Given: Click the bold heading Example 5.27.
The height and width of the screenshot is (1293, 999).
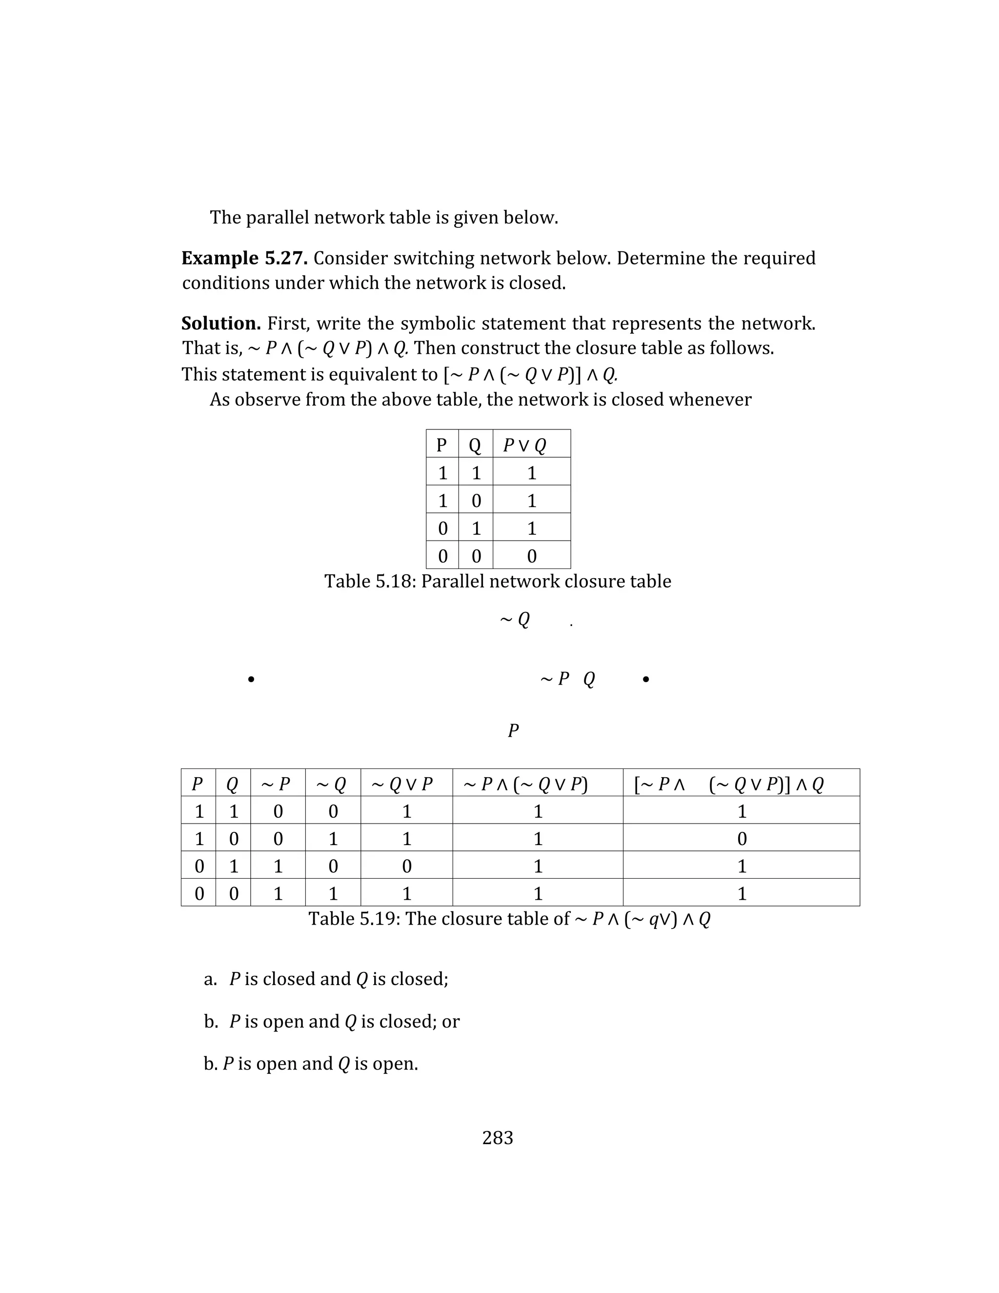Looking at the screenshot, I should click(244, 258).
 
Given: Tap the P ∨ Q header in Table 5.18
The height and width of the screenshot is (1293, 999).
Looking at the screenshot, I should click(524, 445).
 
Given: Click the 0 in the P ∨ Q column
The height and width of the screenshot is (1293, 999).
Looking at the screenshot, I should click(532, 556).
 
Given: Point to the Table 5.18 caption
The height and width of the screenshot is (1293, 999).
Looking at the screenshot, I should click(497, 582).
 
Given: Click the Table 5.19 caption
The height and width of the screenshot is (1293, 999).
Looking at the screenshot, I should click(509, 918).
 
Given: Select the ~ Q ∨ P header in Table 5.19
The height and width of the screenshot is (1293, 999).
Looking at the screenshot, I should click(402, 784).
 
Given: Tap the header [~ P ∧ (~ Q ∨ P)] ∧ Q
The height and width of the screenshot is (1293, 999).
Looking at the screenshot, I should click(729, 784).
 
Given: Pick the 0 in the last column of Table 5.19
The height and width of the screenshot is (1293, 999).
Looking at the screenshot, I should click(741, 838).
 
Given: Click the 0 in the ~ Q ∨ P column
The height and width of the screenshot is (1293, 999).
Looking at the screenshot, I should click(407, 866).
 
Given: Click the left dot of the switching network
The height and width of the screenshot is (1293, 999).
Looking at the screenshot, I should click(252, 680).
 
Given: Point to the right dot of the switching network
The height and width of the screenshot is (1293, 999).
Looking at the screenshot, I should click(646, 680).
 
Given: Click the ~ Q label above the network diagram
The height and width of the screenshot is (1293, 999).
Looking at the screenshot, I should click(515, 620).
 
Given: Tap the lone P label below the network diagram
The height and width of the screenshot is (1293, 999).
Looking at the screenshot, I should click(513, 730).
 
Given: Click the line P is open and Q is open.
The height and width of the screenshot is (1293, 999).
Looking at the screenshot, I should click(311, 1064).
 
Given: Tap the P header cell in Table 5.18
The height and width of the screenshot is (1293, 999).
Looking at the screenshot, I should click(441, 444).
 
